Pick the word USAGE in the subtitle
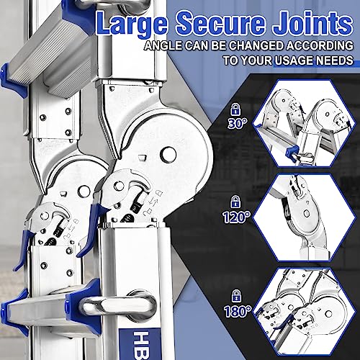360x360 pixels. (281, 61)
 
